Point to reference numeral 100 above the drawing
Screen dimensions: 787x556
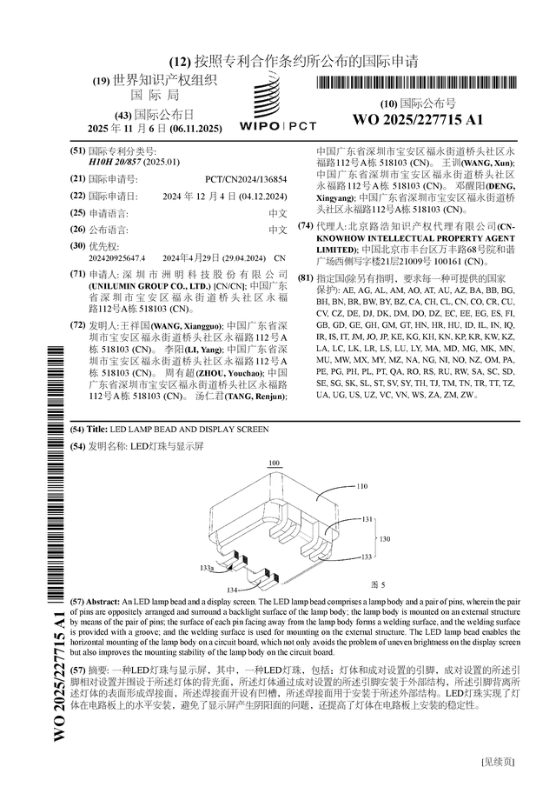(275, 463)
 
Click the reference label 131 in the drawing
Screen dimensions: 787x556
(367, 519)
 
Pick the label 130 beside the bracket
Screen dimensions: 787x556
(386, 538)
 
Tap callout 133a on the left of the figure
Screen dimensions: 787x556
(207, 567)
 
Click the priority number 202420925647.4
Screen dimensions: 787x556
(117, 258)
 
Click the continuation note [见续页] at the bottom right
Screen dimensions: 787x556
(498, 762)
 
